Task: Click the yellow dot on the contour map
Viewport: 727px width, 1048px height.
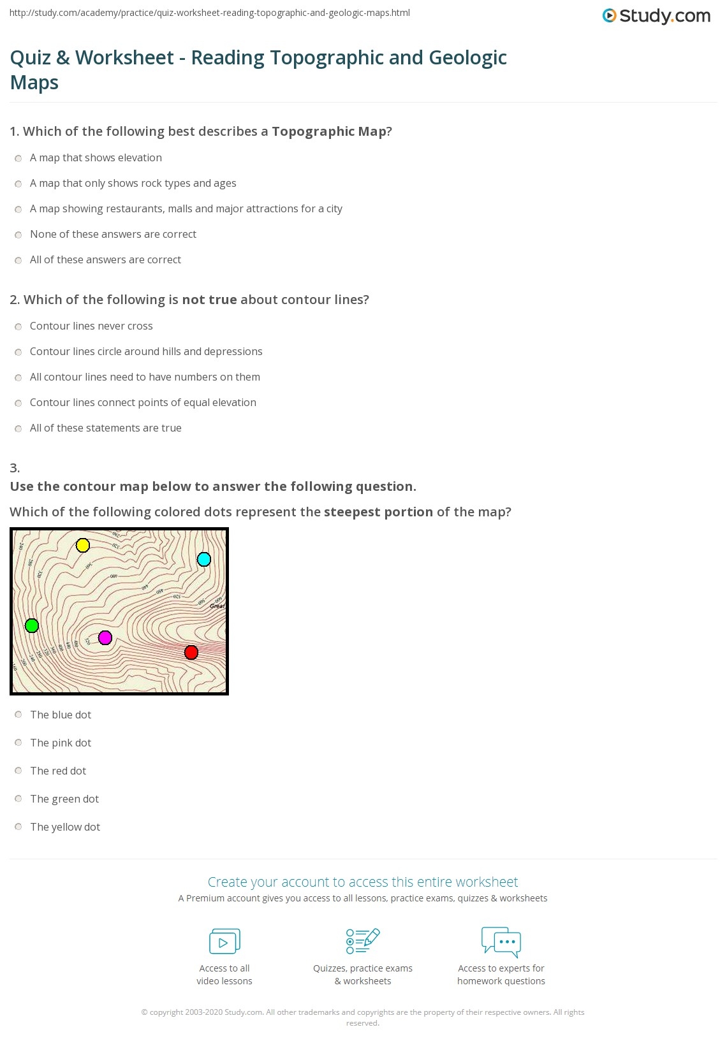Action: pos(83,546)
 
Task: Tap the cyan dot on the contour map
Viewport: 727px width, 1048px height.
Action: pos(204,560)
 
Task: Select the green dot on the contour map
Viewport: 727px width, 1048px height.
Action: pos(32,626)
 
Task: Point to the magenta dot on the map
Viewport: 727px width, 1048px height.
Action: pos(105,637)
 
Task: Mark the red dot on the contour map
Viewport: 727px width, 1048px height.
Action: pos(191,652)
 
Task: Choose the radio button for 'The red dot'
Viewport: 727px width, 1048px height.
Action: pos(18,771)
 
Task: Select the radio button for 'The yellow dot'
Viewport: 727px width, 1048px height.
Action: pos(18,827)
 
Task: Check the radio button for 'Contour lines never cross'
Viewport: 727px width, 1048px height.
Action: pos(18,326)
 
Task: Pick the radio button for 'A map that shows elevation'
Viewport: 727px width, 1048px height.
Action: pos(18,158)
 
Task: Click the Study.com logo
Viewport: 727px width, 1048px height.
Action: pos(656,16)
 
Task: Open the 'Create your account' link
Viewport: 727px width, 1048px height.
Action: pos(362,882)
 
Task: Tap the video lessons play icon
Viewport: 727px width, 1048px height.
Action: pos(224,942)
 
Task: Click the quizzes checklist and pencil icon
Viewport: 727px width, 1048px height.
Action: pos(363,941)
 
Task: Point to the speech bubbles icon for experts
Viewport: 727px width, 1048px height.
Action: pos(501,942)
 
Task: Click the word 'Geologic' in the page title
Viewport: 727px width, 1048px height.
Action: pos(467,58)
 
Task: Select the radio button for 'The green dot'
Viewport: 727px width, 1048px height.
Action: pos(18,799)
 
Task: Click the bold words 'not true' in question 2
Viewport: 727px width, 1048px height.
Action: pos(209,300)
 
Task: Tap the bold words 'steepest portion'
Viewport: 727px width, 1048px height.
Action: pos(378,512)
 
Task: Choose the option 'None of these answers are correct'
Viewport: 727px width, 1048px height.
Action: pos(113,235)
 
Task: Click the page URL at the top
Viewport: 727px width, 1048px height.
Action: pos(210,13)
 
